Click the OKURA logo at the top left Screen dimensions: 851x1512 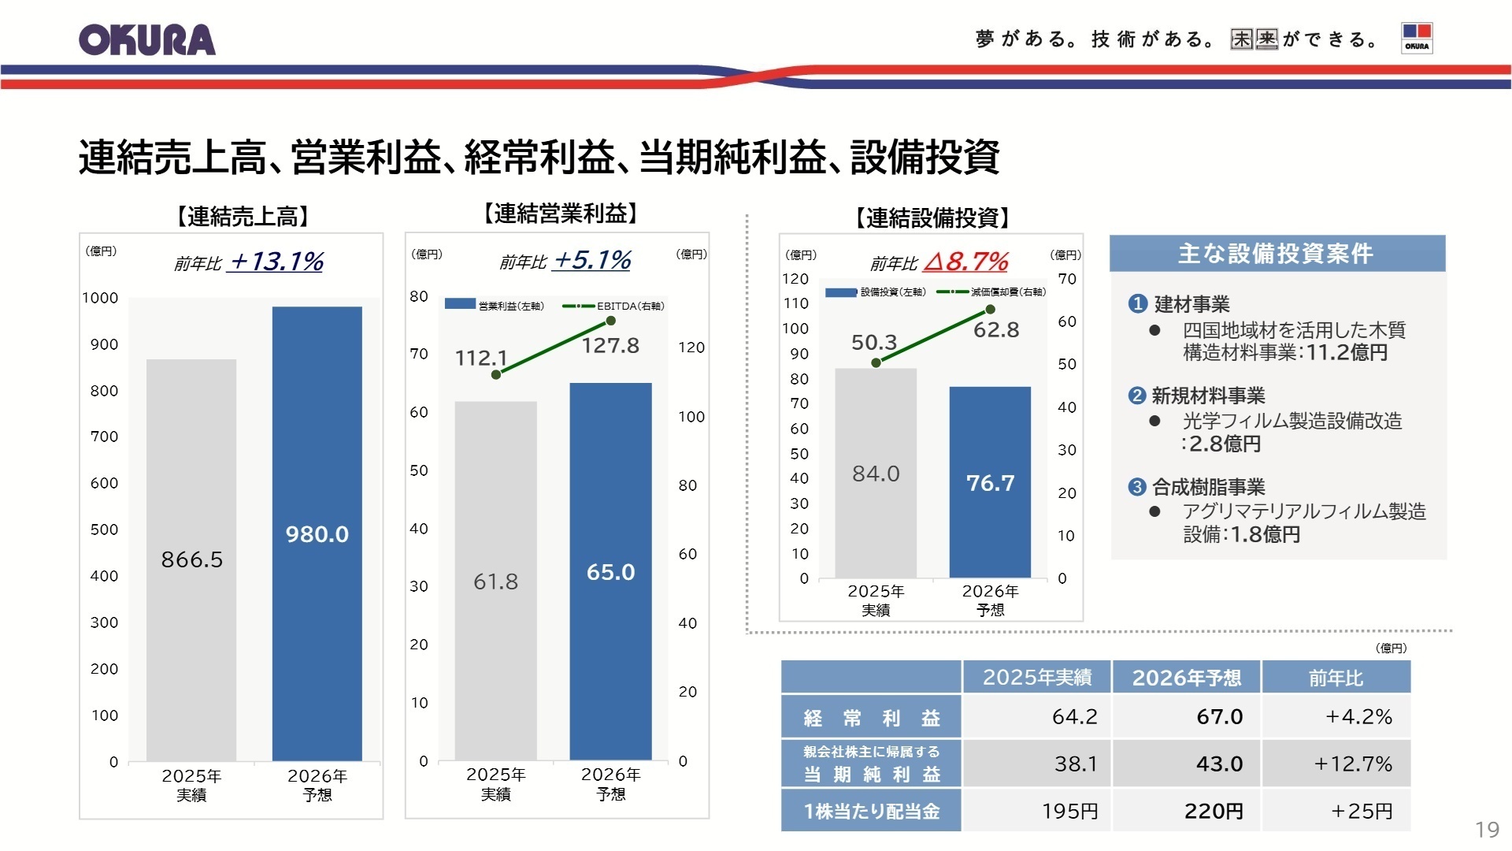point(146,40)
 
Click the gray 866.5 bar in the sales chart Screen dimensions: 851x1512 point(191,559)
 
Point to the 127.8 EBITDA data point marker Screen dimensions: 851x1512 point(610,321)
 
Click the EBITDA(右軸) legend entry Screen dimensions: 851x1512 point(614,306)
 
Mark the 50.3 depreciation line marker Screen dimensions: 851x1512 point(876,362)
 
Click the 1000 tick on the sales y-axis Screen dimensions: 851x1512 point(100,298)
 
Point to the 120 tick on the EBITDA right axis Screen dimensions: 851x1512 point(691,347)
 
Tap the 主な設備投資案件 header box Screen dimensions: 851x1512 point(1277,254)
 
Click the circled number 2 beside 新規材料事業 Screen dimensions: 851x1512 point(1136,396)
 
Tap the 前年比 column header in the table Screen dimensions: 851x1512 point(1336,678)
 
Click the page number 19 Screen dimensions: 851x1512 point(1486,830)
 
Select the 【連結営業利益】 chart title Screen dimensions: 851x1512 point(560,214)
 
